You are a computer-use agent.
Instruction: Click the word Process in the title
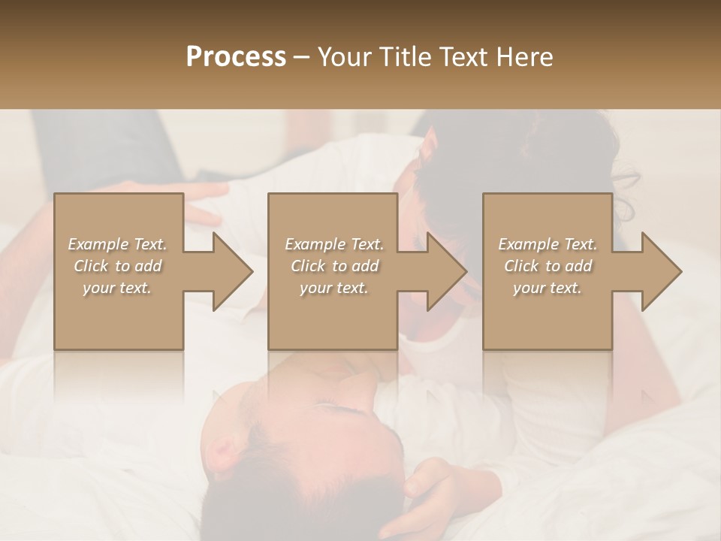pos(236,56)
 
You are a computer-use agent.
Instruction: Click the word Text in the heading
pos(463,56)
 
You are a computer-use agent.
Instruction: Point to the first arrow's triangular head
pos(233,271)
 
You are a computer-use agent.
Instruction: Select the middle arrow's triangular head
pos(447,271)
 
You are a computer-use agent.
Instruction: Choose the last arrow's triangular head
pos(662,271)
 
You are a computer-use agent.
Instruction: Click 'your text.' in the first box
pos(117,287)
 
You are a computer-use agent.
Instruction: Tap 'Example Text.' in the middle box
pos(334,244)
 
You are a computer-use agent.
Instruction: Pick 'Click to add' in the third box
pos(548,266)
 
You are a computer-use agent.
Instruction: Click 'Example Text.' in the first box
pos(117,244)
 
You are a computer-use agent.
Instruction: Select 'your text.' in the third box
pos(548,287)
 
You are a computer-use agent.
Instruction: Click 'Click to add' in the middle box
pos(334,266)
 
